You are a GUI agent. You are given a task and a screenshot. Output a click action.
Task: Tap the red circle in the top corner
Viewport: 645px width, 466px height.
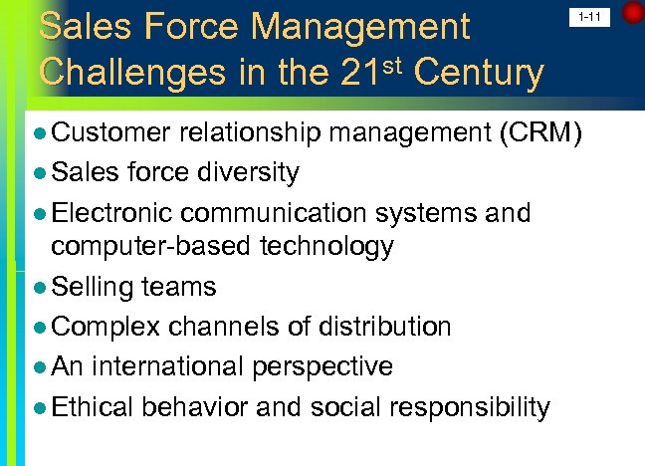633,13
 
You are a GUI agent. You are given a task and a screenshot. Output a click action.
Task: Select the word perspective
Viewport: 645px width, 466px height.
323,366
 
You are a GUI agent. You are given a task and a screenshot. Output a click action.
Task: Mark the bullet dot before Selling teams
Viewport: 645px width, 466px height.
39,288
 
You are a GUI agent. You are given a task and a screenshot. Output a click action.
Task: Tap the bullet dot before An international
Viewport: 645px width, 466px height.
39,367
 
